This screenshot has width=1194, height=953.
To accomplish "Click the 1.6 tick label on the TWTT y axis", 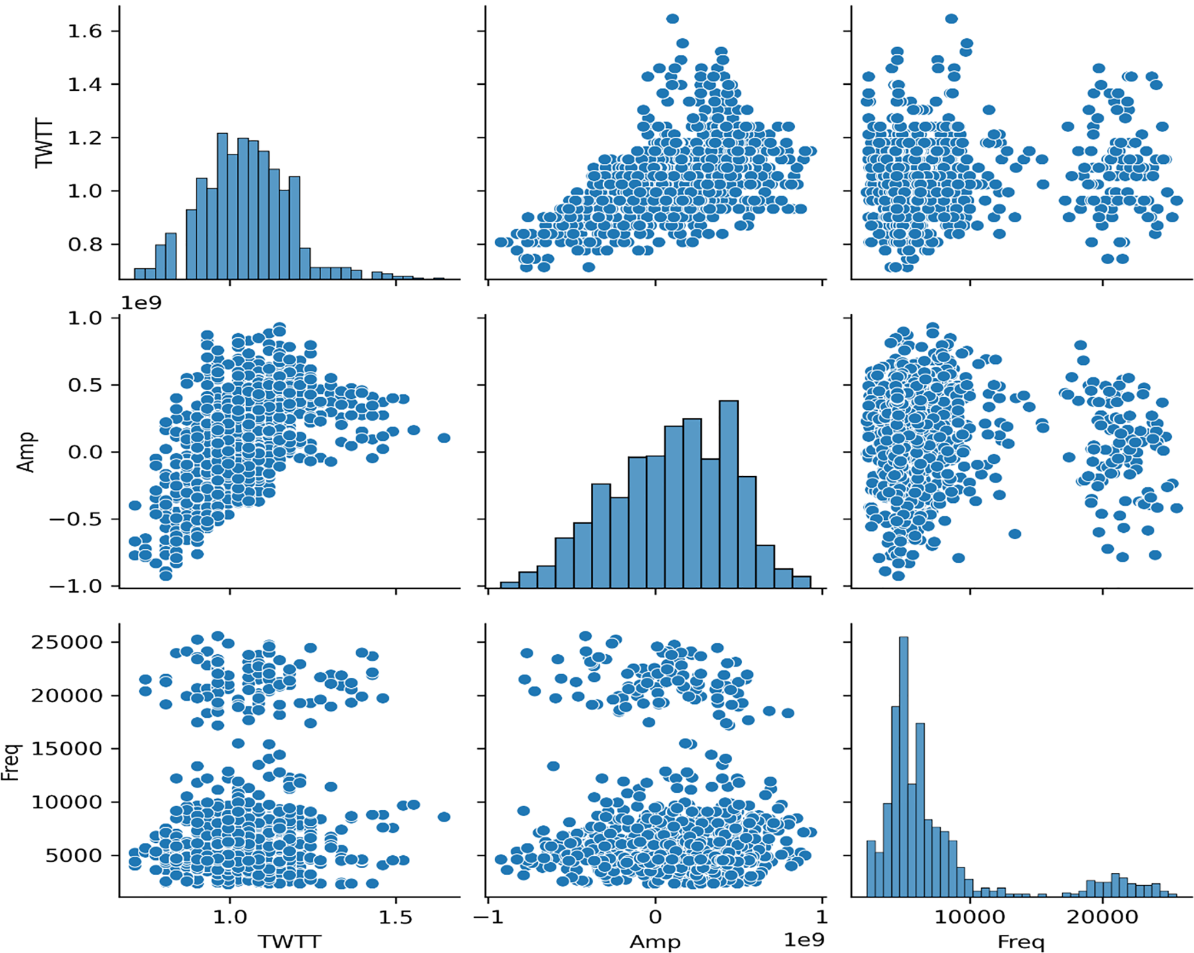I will (85, 31).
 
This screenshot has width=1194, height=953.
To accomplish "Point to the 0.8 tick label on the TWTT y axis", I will (85, 245).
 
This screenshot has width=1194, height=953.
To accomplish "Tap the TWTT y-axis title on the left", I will (44, 143).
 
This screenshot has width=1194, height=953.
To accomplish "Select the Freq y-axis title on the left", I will (12, 762).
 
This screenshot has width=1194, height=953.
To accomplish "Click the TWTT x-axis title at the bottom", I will (289, 941).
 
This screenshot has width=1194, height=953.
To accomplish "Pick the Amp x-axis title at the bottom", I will (655, 941).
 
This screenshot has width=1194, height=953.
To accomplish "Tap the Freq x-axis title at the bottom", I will (1021, 941).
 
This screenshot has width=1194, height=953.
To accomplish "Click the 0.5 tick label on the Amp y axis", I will (85, 385).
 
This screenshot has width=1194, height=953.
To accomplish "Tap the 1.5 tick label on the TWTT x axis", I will (395, 917).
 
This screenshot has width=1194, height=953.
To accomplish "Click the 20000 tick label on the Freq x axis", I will (1102, 917).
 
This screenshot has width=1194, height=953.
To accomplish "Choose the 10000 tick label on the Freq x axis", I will (970, 917).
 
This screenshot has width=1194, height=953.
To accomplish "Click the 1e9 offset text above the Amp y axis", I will (141, 303).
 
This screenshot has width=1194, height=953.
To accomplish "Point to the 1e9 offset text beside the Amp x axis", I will (804, 939).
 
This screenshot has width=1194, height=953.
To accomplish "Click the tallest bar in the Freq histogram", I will (904, 766).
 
